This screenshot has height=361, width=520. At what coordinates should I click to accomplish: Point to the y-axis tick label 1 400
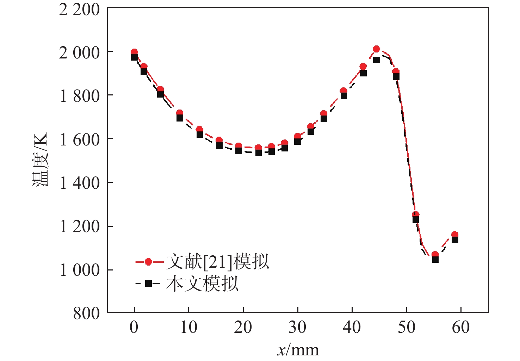pos(79,183)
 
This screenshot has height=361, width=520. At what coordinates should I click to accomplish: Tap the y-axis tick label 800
pos(86,313)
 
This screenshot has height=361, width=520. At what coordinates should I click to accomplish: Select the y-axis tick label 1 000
pos(79,270)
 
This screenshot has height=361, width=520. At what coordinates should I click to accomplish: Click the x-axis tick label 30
pos(297,328)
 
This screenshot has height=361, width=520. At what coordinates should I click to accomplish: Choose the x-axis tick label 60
pos(461,328)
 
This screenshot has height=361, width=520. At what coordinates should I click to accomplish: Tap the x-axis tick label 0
pos(134,328)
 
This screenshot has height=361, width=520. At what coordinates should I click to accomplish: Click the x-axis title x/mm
pos(298,350)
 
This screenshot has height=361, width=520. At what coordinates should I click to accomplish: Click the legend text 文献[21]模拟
pos(218,262)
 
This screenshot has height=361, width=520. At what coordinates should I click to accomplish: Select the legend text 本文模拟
pos(202,284)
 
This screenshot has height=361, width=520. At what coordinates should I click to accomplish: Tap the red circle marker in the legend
pos(148,262)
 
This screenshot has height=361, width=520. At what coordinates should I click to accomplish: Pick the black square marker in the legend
pos(148,284)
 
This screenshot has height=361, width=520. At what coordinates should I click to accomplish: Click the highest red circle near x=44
pos(376,49)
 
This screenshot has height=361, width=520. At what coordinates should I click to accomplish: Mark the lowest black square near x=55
pos(435,259)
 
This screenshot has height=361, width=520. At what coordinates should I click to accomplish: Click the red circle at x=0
pos(134,52)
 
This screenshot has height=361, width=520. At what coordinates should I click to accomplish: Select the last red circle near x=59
pos(455,235)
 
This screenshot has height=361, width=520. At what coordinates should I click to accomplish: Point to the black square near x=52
pos(416,219)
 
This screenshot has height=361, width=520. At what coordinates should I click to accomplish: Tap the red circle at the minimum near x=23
pos(258,148)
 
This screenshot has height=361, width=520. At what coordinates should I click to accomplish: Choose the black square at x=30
pos(298,141)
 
